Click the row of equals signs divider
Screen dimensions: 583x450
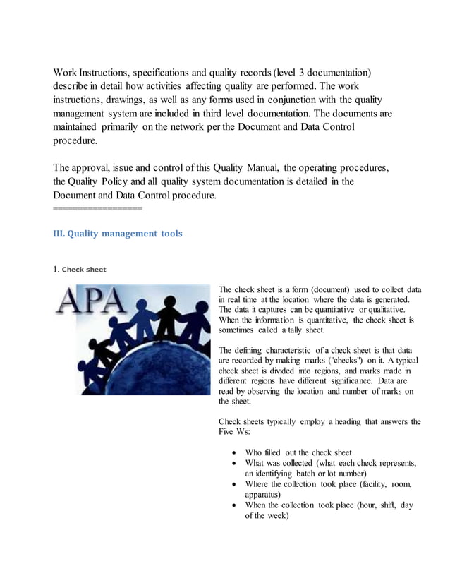(98, 209)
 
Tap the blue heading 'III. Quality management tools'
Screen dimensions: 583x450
(118, 234)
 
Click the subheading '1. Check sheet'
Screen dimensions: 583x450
(80, 269)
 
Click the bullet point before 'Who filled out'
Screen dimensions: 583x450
(234, 452)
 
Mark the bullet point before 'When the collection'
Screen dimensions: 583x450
(234, 505)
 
